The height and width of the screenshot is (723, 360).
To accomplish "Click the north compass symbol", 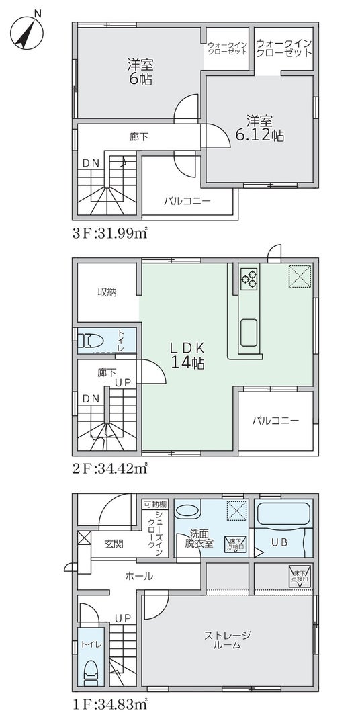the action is click(x=26, y=32).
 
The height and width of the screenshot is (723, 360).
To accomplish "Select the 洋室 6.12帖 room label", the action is click(x=259, y=128).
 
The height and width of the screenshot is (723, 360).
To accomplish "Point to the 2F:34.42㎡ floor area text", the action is click(x=109, y=470).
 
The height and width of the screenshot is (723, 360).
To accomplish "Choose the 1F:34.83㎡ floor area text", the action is click(x=109, y=705).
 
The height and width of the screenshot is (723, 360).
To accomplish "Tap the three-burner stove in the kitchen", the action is click(x=249, y=278).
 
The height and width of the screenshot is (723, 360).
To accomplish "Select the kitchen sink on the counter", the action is click(x=249, y=333).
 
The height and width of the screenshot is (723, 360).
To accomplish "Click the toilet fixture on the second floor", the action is click(x=91, y=341).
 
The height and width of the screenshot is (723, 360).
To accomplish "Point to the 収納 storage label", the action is click(x=107, y=292).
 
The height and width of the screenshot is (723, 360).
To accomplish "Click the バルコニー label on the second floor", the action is click(x=275, y=421).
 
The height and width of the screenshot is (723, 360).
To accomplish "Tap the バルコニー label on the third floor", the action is click(x=187, y=202).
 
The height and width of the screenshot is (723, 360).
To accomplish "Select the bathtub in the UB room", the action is click(x=283, y=513).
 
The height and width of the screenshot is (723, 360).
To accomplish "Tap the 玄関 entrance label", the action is click(x=113, y=544).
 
